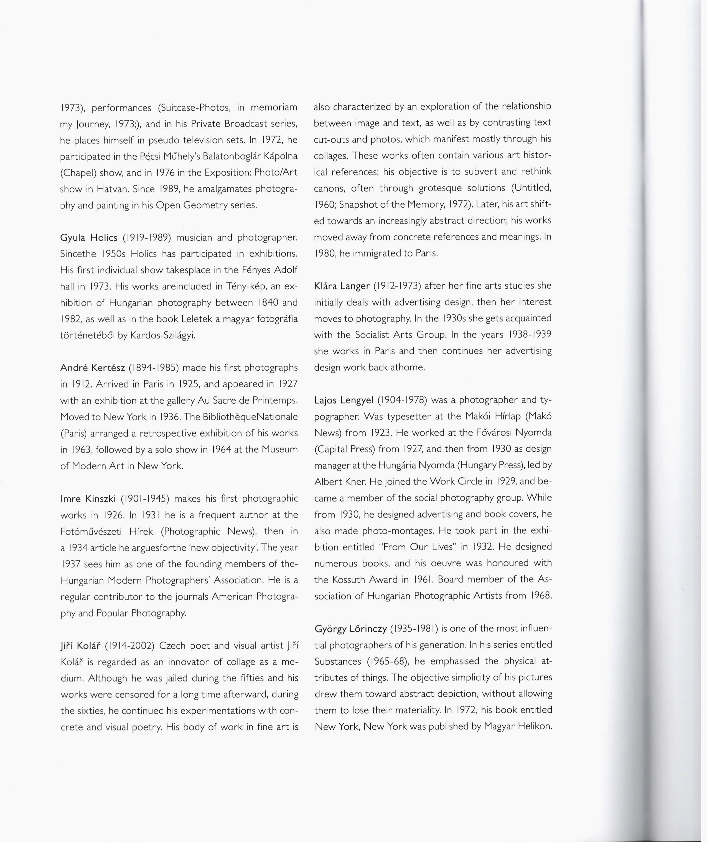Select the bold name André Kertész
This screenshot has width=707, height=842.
93,368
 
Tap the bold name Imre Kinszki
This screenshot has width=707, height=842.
88,499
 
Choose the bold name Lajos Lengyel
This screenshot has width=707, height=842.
344,400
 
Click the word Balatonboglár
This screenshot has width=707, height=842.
232,156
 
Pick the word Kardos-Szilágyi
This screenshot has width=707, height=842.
163,335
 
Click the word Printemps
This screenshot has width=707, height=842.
276,401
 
